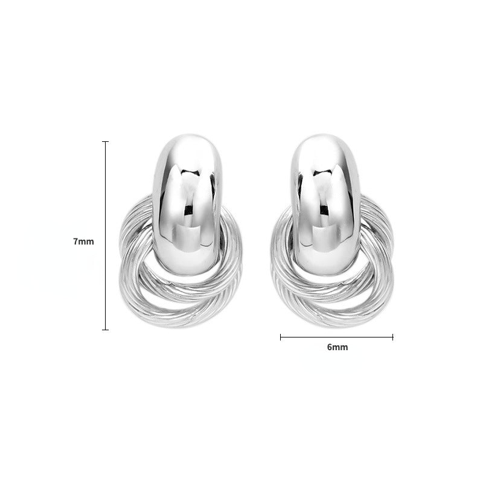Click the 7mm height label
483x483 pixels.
coord(83,241)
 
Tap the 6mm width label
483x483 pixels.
coord(337,347)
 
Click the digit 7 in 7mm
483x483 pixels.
coord(75,241)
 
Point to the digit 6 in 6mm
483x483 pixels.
coord(329,347)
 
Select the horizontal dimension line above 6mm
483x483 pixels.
coord(336,337)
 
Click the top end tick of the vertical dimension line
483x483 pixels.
coord(106,142)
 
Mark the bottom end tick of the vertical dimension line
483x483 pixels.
coord(106,330)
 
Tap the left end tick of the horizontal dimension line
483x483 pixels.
coord(281,337)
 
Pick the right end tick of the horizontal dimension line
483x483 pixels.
coord(393,337)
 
